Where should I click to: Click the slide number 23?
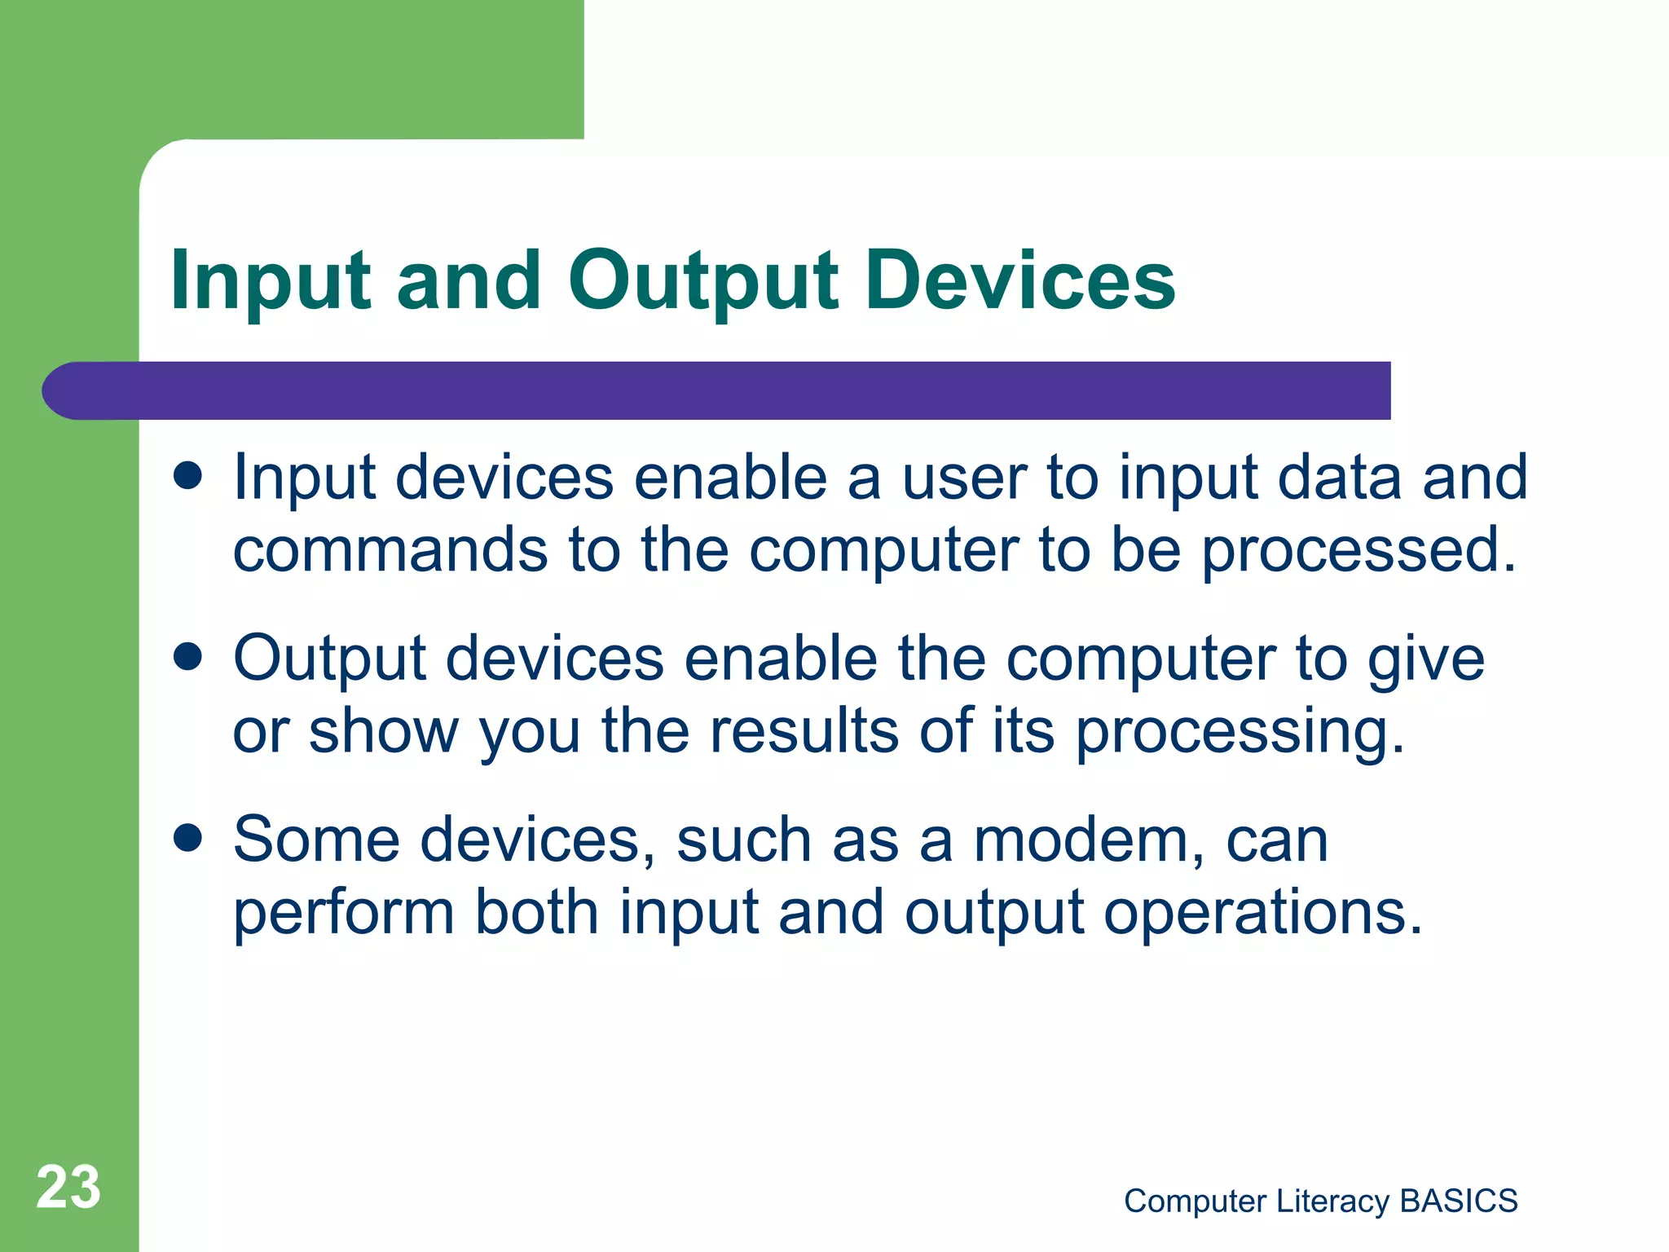(x=68, y=1187)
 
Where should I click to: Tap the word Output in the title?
(x=702, y=281)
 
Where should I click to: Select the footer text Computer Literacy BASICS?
(x=1320, y=1201)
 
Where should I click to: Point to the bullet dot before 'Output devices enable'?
(x=188, y=656)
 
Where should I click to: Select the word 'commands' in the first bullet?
(x=390, y=549)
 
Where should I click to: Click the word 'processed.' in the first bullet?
(x=1359, y=549)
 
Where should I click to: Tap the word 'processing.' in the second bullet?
(x=1240, y=732)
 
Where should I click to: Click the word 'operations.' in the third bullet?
(x=1262, y=913)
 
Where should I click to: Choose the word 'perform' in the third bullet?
(x=343, y=913)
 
